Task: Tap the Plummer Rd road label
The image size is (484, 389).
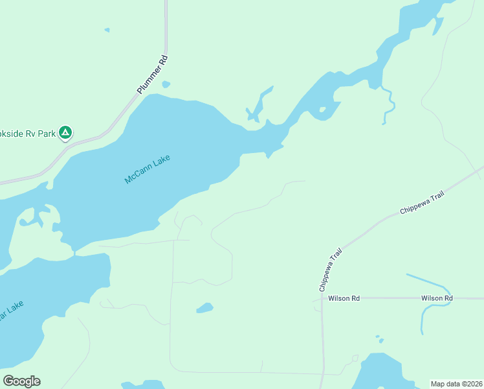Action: pos(153,75)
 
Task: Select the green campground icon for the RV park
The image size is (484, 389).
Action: pos(65,133)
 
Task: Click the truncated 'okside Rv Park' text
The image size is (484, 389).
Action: pos(27,133)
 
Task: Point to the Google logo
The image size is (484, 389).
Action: pos(21,381)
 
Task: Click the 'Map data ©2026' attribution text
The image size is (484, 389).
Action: pos(456,384)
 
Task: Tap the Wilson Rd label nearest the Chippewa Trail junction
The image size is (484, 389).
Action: pos(344,298)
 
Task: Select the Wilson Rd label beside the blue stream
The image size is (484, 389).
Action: pos(436,298)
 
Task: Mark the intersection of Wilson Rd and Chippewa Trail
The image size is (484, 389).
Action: pos(322,299)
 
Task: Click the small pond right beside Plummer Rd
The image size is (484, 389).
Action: pos(166,84)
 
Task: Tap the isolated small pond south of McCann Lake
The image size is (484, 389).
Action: pos(205,308)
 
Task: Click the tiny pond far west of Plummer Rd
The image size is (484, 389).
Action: pos(107,30)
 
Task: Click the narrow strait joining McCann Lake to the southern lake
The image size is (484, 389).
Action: pos(74,252)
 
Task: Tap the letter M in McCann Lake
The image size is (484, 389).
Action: pos(127,180)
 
